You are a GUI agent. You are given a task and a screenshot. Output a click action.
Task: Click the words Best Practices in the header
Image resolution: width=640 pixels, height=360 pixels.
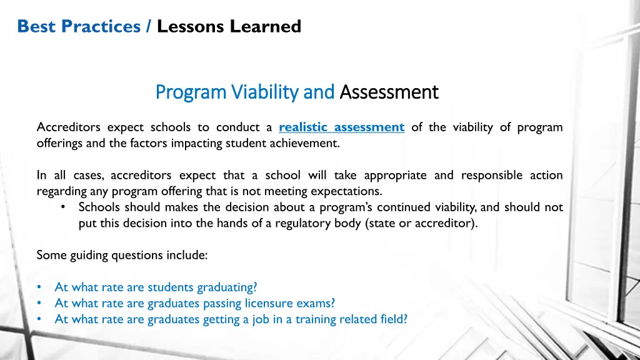[x=79, y=26]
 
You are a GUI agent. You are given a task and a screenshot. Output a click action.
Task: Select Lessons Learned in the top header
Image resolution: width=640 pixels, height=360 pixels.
[x=229, y=26]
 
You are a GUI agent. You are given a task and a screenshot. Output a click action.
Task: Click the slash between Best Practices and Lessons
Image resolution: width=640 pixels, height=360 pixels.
[x=149, y=26]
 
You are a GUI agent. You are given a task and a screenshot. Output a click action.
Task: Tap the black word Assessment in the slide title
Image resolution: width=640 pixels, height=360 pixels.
[x=389, y=92]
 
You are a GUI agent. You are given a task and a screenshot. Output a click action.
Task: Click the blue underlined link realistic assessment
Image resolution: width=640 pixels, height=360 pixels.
[x=341, y=127]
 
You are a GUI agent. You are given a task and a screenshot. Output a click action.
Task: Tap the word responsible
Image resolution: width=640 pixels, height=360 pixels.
[x=491, y=176]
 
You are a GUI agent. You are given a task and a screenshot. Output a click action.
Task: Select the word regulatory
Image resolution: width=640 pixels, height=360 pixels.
[x=330, y=223]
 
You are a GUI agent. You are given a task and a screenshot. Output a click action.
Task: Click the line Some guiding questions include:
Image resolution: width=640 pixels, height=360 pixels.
[x=122, y=255]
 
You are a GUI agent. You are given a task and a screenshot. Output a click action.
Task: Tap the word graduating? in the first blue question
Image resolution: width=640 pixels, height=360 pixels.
[x=227, y=287]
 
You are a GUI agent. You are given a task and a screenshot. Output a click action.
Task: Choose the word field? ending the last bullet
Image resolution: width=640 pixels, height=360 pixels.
[x=394, y=319]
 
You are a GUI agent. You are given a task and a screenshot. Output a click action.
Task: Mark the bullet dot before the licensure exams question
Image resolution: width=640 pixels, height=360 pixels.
[x=39, y=304]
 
